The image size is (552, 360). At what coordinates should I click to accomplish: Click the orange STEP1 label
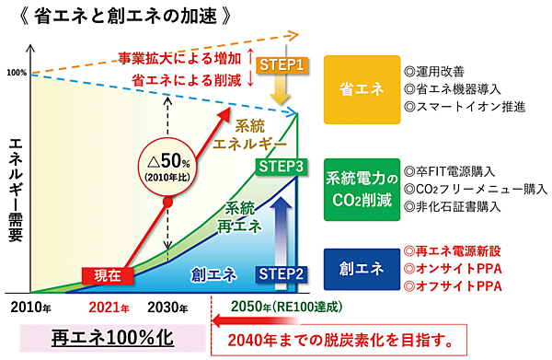pyautogui.click(x=281, y=65)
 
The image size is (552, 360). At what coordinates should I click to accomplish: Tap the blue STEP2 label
pyautogui.click(x=281, y=273)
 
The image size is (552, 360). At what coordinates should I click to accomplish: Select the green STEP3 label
pyautogui.click(x=281, y=167)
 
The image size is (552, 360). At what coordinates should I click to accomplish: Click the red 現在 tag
pyautogui.click(x=105, y=273)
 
